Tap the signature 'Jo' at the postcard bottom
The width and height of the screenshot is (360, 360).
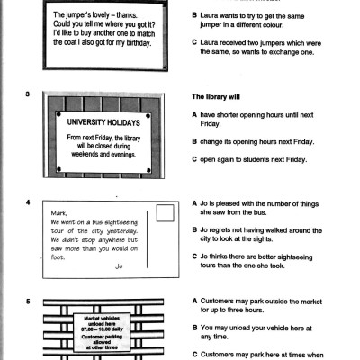pyautogui.click(x=118, y=266)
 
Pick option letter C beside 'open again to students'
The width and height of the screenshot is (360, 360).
pyautogui.click(x=196, y=161)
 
